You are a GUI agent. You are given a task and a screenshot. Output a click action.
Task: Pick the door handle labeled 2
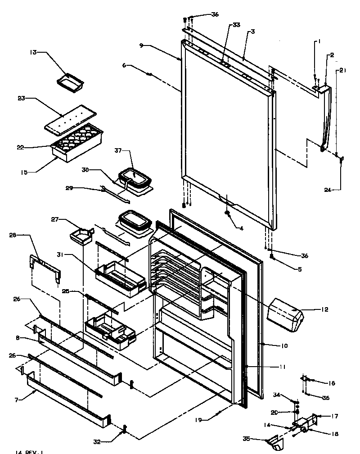point(325,117)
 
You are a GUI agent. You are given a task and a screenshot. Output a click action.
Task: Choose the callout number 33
point(236,25)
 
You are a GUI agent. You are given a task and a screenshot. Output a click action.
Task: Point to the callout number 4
point(241,228)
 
